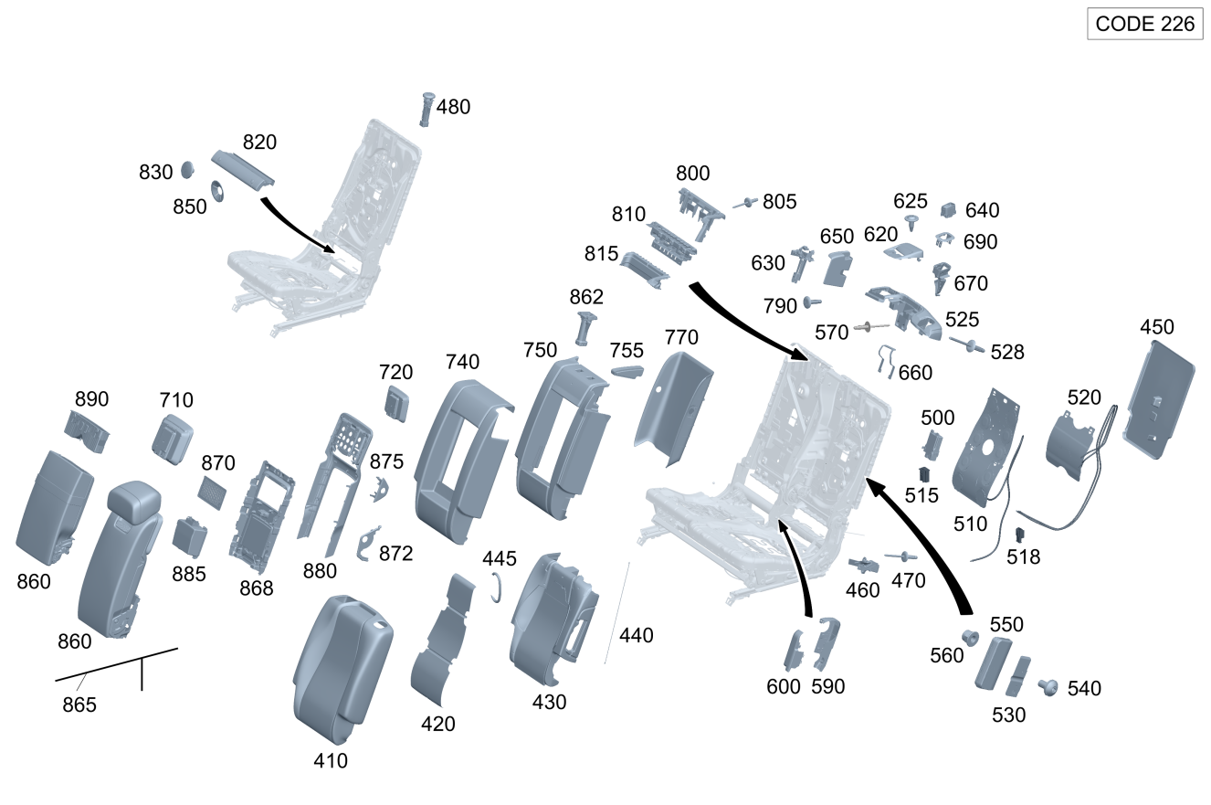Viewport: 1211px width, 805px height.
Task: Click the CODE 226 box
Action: point(1144,24)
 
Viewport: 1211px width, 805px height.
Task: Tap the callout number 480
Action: point(453,107)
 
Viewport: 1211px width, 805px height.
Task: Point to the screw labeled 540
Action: point(1048,686)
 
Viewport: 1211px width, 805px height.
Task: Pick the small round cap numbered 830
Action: point(186,170)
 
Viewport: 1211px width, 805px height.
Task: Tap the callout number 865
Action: point(79,704)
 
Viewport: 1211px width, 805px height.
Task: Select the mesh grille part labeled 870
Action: point(214,492)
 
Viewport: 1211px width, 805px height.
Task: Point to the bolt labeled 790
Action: point(811,302)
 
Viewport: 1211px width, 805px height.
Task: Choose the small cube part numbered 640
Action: point(948,210)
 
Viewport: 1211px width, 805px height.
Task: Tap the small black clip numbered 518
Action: point(1019,535)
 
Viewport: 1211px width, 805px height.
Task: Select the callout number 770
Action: point(681,337)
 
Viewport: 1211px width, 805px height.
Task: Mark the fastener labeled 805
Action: point(747,202)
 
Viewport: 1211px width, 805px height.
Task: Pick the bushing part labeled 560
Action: point(970,637)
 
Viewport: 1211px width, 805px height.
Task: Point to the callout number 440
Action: point(637,635)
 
